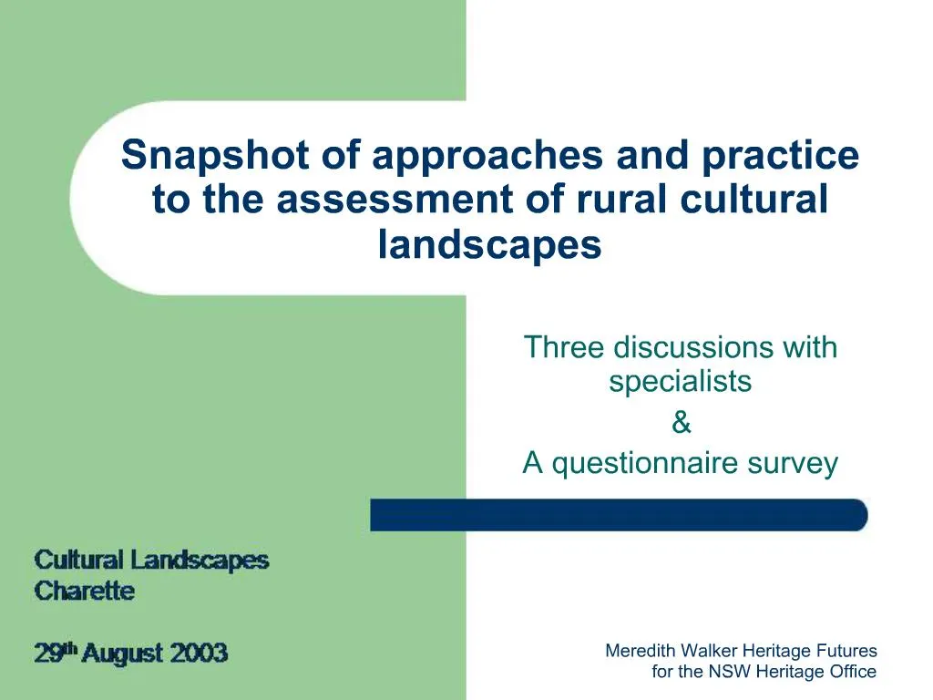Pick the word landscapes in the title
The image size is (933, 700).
tap(490, 245)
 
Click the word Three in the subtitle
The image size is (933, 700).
tap(564, 347)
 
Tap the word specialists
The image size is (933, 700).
tap(681, 381)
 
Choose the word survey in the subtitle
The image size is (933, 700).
tap(792, 464)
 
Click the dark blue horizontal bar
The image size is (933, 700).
tap(619, 515)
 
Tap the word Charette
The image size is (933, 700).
tap(84, 591)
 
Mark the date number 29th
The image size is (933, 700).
tap(55, 653)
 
